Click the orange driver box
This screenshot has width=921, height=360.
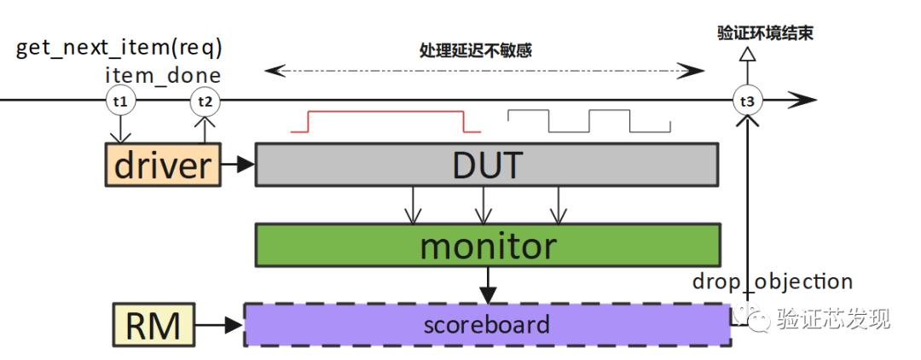click(x=162, y=165)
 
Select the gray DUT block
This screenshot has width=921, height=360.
click(x=486, y=165)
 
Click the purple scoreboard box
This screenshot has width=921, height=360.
click(x=486, y=324)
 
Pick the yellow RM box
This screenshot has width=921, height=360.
click(x=153, y=324)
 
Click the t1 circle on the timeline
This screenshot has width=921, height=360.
click(x=119, y=102)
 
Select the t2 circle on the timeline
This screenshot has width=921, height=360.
click(x=204, y=102)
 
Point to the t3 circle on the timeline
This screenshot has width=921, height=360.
click(x=747, y=102)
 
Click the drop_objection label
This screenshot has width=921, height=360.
click(x=772, y=282)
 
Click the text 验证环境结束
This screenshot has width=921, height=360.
click(x=764, y=34)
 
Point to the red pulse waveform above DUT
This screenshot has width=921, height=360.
click(x=385, y=121)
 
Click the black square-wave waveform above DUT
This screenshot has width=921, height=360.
click(x=588, y=121)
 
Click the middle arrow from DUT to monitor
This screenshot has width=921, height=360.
click(x=484, y=205)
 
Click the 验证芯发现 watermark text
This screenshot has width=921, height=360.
click(x=832, y=319)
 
